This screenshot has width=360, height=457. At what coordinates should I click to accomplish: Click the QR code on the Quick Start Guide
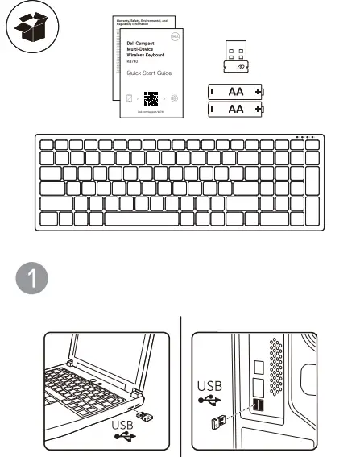pos(150,100)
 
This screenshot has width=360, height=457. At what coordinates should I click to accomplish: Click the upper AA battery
pos(236,92)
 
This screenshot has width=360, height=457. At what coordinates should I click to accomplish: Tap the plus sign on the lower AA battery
pos(258,109)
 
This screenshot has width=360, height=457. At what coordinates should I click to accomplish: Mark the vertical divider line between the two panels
pos(180,386)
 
